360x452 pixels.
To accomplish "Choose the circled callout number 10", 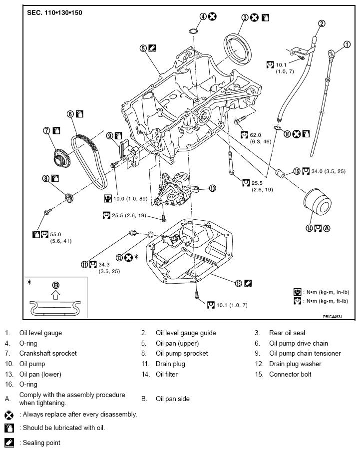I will click(x=212, y=188).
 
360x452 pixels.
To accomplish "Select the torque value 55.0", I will click(x=56, y=233).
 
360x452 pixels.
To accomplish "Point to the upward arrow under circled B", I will click(x=56, y=295).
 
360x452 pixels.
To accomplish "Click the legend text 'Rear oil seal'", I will click(x=287, y=333).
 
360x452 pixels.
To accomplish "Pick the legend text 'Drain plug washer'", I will click(x=295, y=364).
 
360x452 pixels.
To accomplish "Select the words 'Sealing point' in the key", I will click(x=40, y=443).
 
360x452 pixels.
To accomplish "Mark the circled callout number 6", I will click(x=70, y=114).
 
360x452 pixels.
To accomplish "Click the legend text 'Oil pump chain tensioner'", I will click(x=305, y=353).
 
